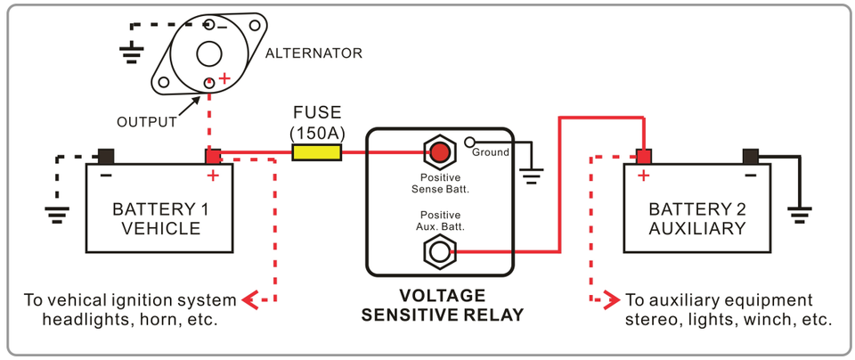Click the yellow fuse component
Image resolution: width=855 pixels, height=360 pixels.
click(x=316, y=153)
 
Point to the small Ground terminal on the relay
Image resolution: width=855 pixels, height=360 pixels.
click(x=468, y=142)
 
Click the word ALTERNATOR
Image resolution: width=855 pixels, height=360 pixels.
click(x=313, y=53)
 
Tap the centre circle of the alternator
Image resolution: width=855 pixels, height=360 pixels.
click(x=209, y=53)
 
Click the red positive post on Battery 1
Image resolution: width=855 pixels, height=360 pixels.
click(x=213, y=156)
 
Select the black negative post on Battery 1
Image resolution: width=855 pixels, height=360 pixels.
click(x=106, y=156)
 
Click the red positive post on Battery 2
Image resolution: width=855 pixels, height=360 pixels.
click(x=643, y=156)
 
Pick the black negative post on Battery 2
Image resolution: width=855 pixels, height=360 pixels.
click(x=750, y=156)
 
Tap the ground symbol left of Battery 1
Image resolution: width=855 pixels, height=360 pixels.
click(x=58, y=214)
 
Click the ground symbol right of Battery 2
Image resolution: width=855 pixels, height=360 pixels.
click(x=799, y=214)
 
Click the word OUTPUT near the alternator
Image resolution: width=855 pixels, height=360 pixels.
click(x=147, y=122)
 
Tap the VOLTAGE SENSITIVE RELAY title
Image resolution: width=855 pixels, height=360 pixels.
click(x=442, y=305)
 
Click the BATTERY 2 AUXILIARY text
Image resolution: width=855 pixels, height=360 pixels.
click(x=696, y=219)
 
